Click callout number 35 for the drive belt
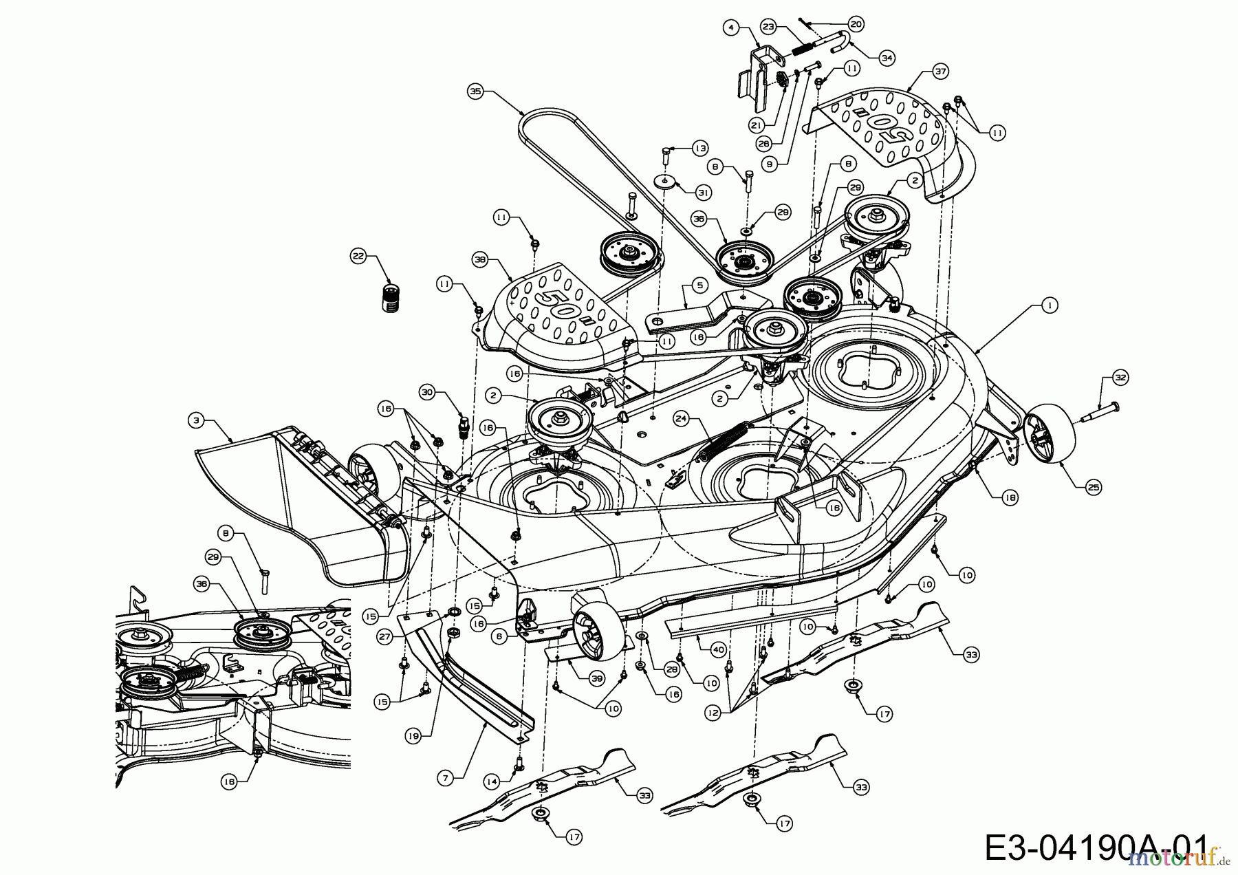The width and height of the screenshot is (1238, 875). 474,90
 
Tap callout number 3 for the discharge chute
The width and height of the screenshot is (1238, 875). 197,419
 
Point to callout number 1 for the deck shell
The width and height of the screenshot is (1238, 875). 1048,305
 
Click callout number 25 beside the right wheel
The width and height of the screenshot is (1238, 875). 1094,487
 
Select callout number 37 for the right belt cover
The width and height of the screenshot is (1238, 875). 940,69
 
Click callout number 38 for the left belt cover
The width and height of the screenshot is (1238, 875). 480,259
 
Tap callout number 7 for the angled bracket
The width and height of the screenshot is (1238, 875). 446,777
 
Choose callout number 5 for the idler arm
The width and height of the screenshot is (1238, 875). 699,283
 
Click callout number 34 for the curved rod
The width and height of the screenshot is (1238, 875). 887,58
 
